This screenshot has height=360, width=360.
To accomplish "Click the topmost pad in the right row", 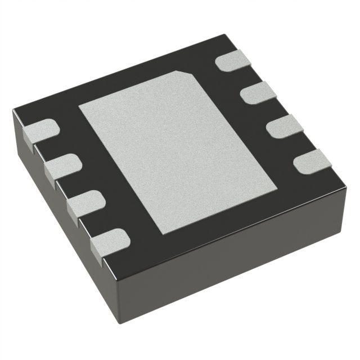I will (x=231, y=61).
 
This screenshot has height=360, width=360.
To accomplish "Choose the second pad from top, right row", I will (x=256, y=91).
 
